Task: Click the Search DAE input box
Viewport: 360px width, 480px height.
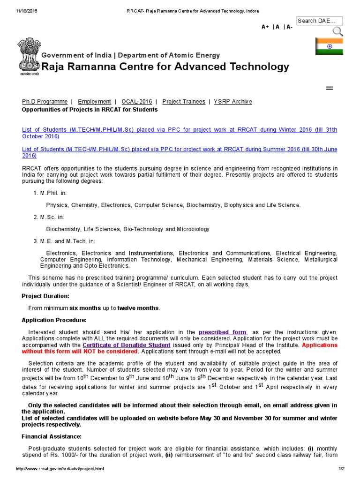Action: click(x=319, y=21)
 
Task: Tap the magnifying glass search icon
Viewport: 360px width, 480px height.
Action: click(x=337, y=31)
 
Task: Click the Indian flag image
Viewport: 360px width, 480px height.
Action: click(x=329, y=46)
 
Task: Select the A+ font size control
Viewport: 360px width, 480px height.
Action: click(x=265, y=27)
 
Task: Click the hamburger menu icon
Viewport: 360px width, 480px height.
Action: click(x=329, y=88)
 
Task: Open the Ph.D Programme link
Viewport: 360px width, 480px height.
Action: click(x=45, y=102)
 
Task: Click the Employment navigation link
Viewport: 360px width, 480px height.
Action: click(x=94, y=102)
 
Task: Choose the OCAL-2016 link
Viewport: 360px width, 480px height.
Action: click(x=136, y=102)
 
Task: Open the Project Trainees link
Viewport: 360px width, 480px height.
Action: click(x=184, y=102)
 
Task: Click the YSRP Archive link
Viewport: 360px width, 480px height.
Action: click(x=233, y=102)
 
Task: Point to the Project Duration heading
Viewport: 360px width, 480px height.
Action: click(x=45, y=296)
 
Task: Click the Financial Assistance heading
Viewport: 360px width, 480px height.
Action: click(x=52, y=436)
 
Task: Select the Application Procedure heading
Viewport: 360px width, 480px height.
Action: click(x=54, y=320)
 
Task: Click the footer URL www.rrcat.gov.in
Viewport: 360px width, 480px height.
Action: click(x=60, y=469)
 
